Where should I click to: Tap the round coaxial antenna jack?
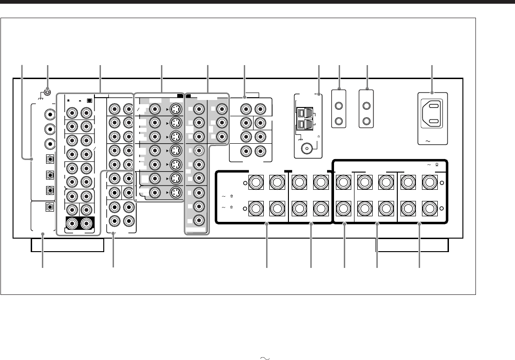308,149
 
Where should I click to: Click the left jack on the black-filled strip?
72,225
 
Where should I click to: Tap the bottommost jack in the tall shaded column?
199,221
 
